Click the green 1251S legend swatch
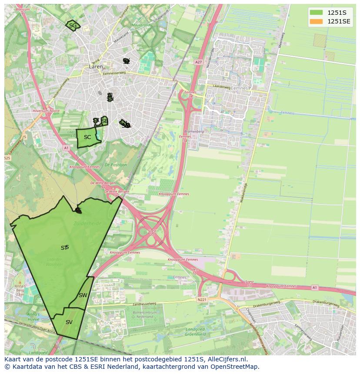coord(317,13)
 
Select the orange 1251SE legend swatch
coord(317,21)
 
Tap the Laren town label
coord(96,67)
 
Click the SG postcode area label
coord(73,26)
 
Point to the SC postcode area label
coord(87,137)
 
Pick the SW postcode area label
coord(83,295)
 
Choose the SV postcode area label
coord(69,322)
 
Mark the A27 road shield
coord(199,62)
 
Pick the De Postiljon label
coord(115,165)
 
